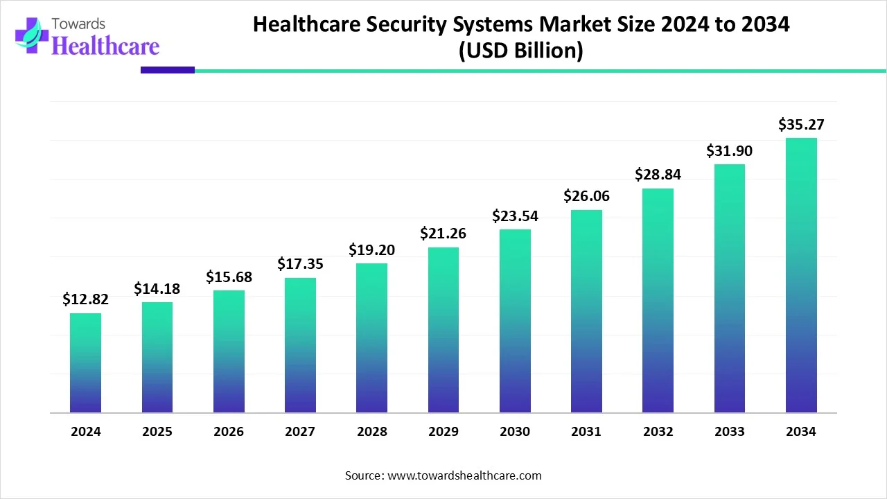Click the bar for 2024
[x=85, y=363]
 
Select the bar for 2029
[x=443, y=330]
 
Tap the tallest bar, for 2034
[x=801, y=275]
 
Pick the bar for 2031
[x=586, y=311]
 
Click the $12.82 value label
[x=85, y=299]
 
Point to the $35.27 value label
[x=801, y=125]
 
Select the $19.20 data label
[x=371, y=249]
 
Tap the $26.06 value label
[x=586, y=196]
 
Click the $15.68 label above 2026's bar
[x=229, y=277]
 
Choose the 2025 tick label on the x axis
[x=157, y=432]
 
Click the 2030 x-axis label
[x=515, y=432]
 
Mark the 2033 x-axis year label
[x=730, y=432]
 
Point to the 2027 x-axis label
[x=300, y=432]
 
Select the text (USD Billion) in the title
[x=520, y=51]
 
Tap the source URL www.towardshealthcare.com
[x=462, y=475]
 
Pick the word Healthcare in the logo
[x=105, y=46]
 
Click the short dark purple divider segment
[x=168, y=70]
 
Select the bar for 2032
[x=658, y=301]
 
